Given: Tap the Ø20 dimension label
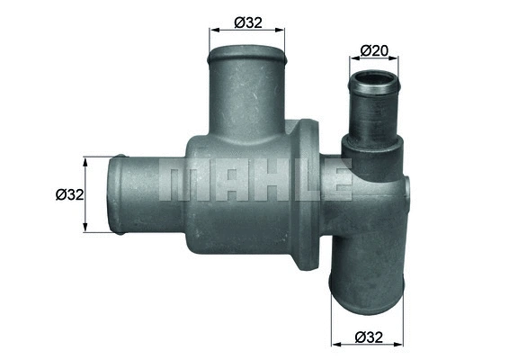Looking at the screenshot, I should pos(374,51).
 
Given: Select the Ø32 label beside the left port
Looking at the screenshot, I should pos(69,194).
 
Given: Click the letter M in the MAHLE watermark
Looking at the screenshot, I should pos(180,179).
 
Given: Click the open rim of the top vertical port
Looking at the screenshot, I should pos(247,57).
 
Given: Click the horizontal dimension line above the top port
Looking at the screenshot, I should pos(247,31).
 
